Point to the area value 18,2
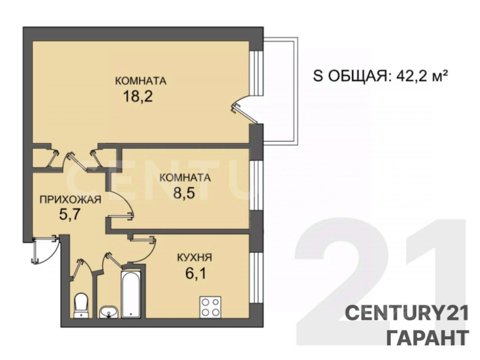point(138,96)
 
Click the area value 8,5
point(184,193)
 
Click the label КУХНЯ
point(194,258)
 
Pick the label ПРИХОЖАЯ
point(70,200)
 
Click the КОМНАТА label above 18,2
point(141,81)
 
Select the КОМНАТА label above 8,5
point(185,178)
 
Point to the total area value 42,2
point(411,76)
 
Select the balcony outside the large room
point(280,91)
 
